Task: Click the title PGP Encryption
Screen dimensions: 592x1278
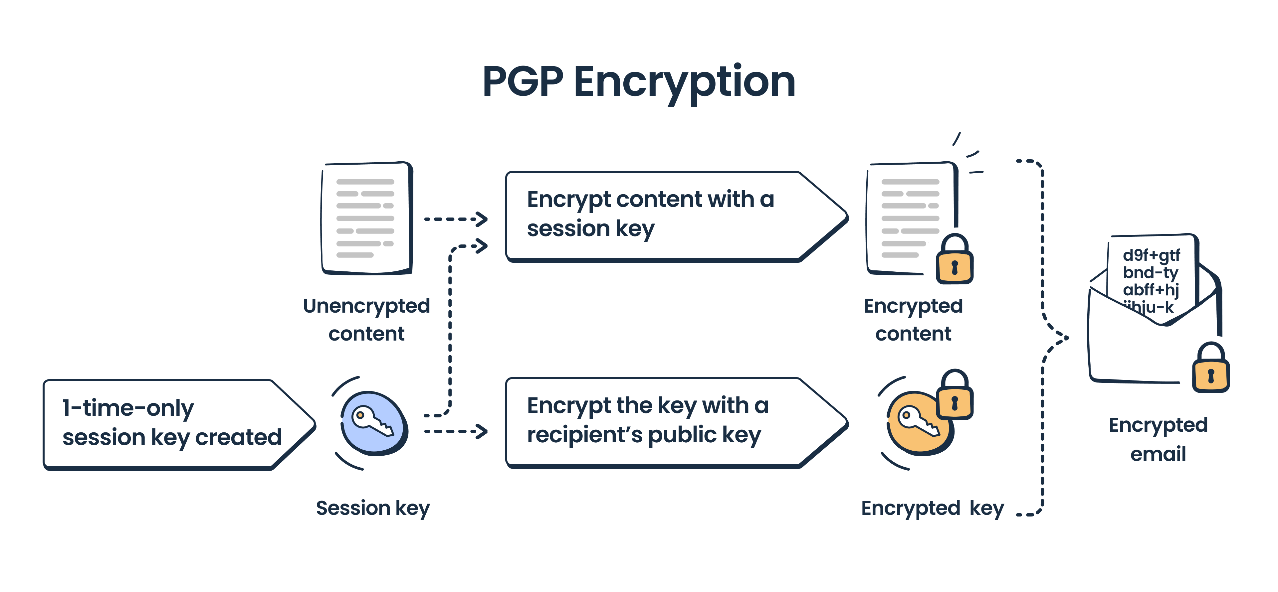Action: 639,82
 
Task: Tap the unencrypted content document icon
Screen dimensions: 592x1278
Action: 366,218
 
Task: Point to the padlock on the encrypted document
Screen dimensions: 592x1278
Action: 954,261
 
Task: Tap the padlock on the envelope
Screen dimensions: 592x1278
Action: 1210,370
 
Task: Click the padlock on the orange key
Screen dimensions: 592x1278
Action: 954,397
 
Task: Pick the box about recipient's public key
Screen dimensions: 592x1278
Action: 660,422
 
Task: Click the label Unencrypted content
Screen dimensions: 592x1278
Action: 366,319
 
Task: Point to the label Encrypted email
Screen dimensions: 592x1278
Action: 1158,439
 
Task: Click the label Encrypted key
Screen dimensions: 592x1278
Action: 932,508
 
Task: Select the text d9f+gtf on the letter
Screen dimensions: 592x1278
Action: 1151,255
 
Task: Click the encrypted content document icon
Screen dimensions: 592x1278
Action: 910,218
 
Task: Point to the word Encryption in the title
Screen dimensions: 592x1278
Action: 685,82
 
